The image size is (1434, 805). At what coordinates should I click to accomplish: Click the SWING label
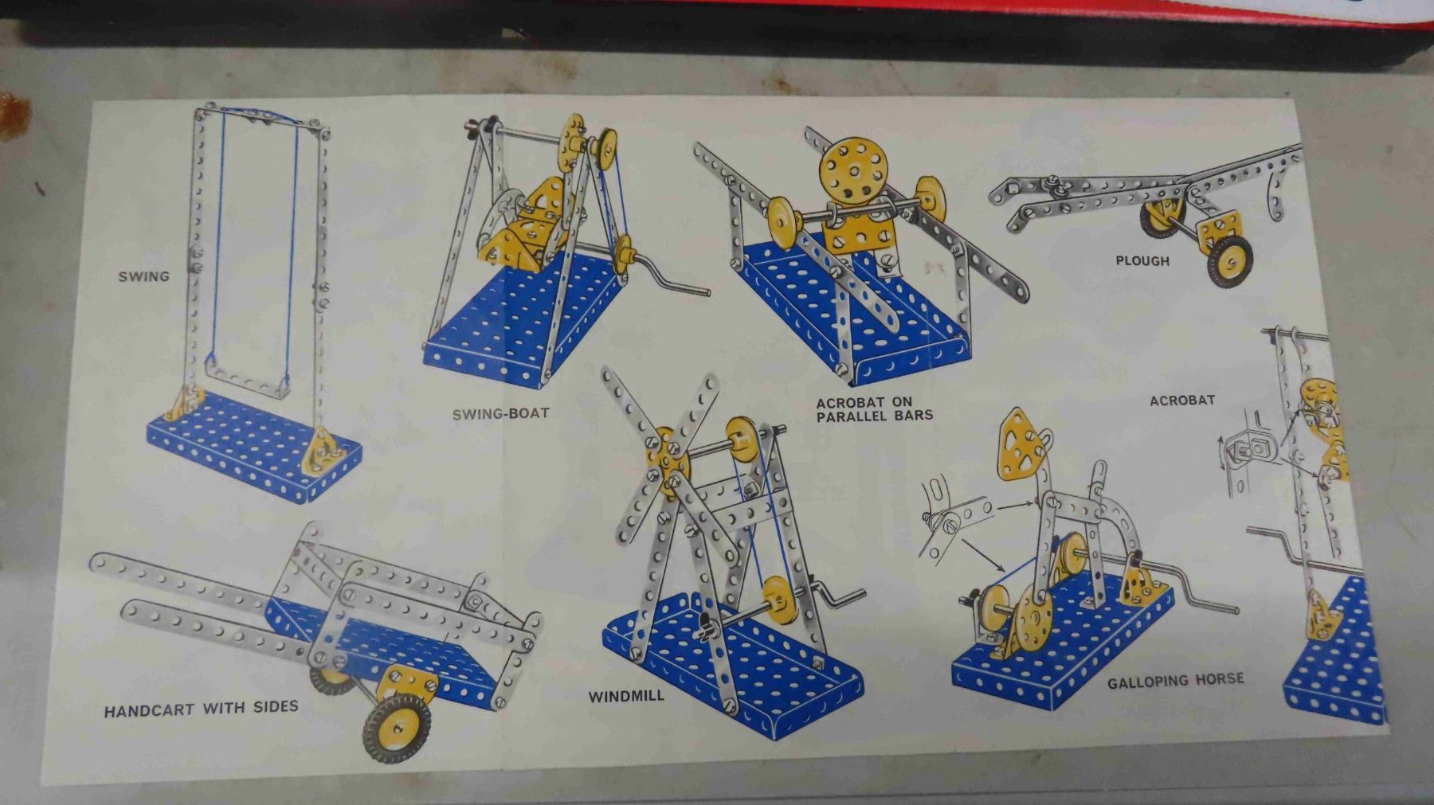pos(144,276)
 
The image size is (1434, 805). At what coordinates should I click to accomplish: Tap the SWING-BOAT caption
pos(500,414)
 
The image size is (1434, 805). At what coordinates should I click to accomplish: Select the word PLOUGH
pos(1142,260)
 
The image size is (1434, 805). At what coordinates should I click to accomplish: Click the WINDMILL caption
pos(626,697)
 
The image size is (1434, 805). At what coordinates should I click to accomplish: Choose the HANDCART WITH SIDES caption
pos(202,708)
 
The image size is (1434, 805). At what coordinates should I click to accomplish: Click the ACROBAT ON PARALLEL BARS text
pos(874,408)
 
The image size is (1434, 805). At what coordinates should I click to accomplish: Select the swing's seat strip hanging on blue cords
pos(247,381)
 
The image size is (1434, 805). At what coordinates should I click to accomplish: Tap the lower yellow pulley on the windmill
pos(781,599)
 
